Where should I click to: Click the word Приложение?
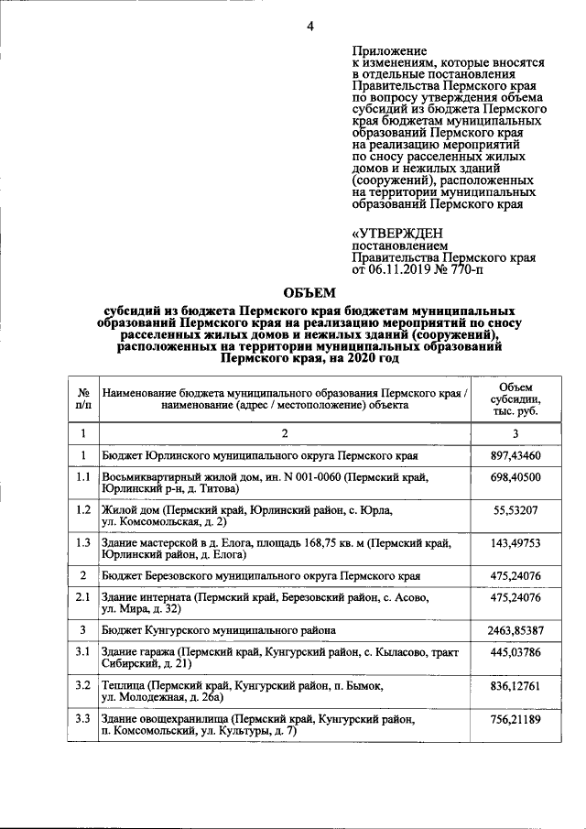(x=390, y=50)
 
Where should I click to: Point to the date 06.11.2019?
(x=399, y=271)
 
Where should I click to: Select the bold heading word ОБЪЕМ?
(x=310, y=293)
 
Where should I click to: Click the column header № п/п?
(x=82, y=399)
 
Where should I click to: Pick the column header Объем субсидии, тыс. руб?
(x=516, y=399)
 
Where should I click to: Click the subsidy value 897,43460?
(x=516, y=455)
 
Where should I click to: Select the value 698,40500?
(x=516, y=478)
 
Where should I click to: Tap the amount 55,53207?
(x=516, y=509)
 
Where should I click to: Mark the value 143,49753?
(x=516, y=543)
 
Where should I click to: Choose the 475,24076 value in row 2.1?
(x=516, y=597)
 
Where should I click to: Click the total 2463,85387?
(x=516, y=630)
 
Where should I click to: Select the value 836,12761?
(x=516, y=686)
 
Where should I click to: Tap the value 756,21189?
(x=516, y=721)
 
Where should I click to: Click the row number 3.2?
(x=82, y=686)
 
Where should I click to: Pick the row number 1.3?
(x=82, y=543)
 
